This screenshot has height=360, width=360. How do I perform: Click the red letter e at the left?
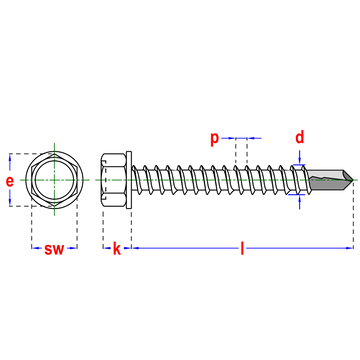(10, 181)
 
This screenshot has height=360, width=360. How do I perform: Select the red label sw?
(54, 249)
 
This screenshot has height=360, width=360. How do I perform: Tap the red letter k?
(117, 248)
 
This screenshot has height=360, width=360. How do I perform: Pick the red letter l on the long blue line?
(241, 248)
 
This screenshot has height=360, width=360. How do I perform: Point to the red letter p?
(214, 139)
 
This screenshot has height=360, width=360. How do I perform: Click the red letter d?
(299, 137)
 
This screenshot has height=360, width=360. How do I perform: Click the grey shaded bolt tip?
(328, 180)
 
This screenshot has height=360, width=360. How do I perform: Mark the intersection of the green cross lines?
(54, 180)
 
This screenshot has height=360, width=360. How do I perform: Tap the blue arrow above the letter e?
(10, 162)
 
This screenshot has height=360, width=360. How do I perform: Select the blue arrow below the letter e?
(10, 198)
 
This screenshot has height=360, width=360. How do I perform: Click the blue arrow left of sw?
(37, 248)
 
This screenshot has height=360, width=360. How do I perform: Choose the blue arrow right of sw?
(72, 248)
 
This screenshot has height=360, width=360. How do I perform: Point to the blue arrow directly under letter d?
(299, 157)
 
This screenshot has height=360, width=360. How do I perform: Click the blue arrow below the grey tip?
(299, 204)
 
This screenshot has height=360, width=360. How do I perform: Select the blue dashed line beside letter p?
(244, 139)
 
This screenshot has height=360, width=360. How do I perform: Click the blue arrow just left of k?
(107, 248)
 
